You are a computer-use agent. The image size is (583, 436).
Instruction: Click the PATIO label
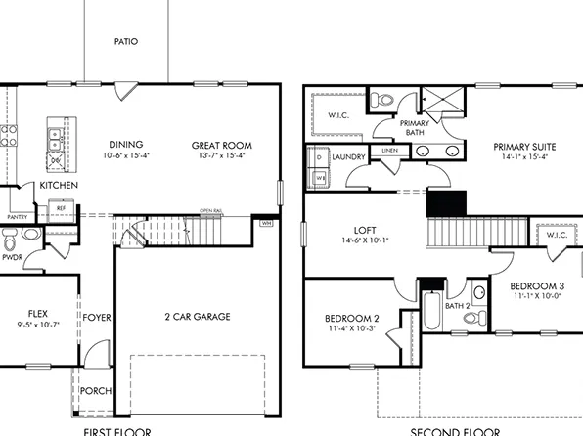coord(125,42)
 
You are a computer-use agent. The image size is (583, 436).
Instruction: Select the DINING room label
coord(125,145)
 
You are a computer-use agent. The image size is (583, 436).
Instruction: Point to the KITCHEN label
coord(59,185)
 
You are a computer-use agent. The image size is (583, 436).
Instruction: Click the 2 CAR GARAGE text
coord(197,317)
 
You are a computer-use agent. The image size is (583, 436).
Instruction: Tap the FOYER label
coord(96,317)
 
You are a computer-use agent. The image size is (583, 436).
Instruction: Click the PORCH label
coord(95,391)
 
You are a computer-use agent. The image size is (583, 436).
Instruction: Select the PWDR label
coord(12,257)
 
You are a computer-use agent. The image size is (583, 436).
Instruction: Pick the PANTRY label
coord(17,217)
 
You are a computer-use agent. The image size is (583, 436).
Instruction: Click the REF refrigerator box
coord(61,208)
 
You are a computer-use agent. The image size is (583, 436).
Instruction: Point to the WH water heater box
coord(265,223)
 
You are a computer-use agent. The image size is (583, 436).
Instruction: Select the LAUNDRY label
coord(348,156)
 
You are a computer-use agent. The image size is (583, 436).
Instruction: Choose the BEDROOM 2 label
coord(351,319)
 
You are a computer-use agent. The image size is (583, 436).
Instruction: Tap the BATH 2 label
coord(458,306)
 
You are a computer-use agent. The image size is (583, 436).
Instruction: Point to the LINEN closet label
coord(389,151)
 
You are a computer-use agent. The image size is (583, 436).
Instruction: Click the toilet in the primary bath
coord(384,99)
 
